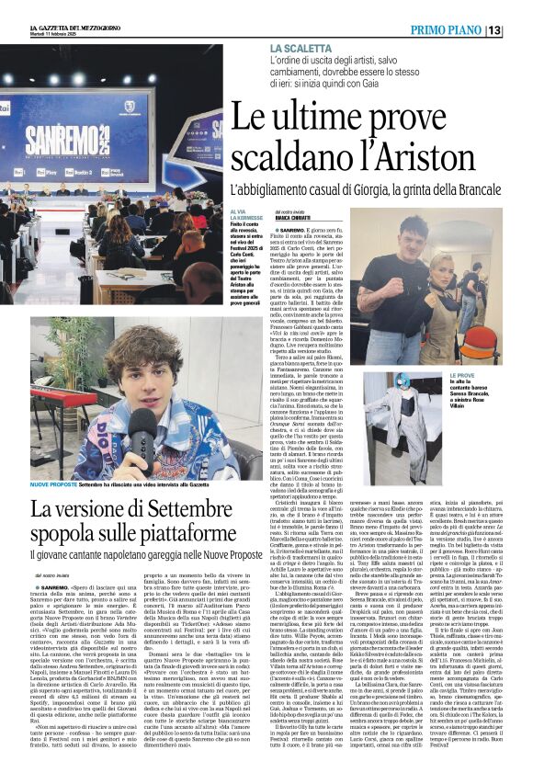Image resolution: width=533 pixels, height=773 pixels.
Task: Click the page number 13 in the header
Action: [x=519, y=29]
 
